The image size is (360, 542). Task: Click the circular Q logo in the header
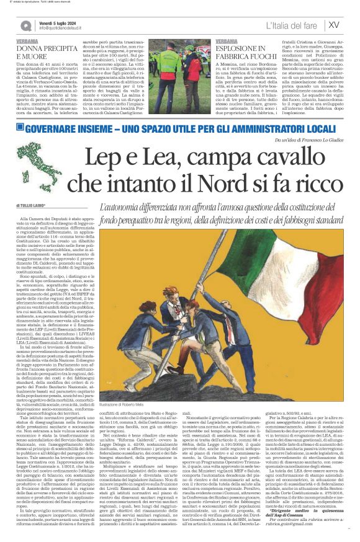27,25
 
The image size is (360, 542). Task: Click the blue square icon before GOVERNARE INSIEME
20,127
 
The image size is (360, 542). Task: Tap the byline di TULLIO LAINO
32,205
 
